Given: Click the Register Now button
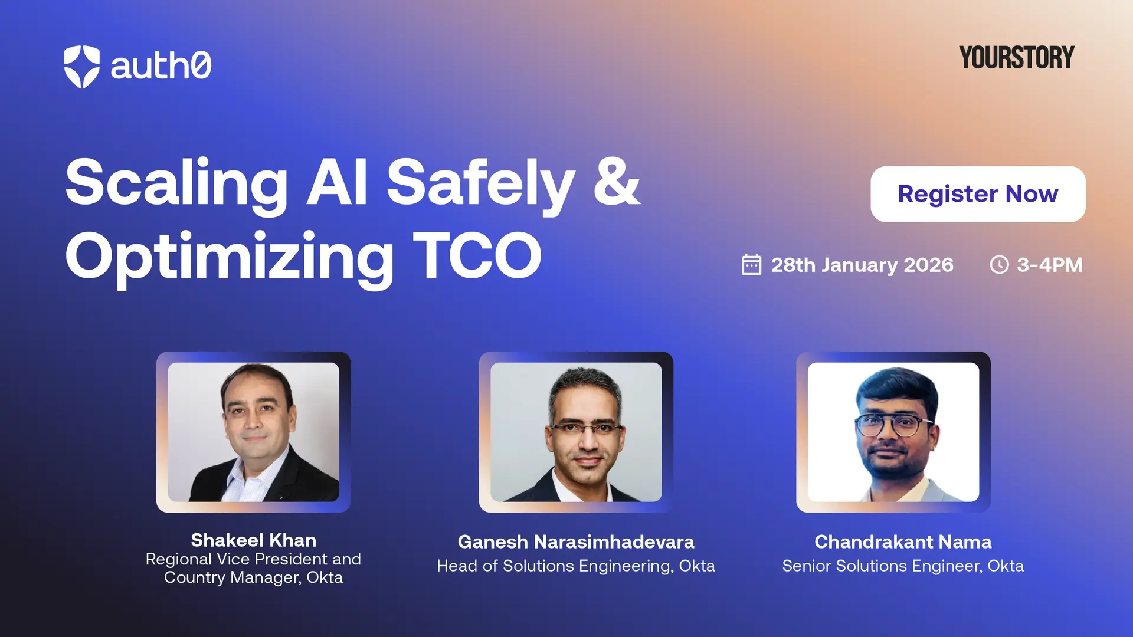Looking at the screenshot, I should tap(977, 194).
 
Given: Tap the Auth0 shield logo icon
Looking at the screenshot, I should tap(81, 67).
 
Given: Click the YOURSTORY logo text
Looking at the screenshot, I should tap(1016, 58).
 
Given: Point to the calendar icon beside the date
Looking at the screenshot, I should tap(751, 265).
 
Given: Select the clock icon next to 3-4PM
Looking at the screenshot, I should tap(999, 265).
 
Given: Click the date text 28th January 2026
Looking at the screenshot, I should tap(862, 265).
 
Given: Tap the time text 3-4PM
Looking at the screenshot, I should tap(1050, 265).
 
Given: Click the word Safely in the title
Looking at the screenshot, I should tap(480, 184).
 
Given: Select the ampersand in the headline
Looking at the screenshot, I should tap(616, 182).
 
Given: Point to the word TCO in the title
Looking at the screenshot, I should tap(477, 255).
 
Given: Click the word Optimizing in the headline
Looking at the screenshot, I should tap(229, 258).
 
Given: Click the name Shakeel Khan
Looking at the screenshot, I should tap(253, 540).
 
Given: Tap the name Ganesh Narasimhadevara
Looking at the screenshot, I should tap(576, 541).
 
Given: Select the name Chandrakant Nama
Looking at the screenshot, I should tap(902, 541).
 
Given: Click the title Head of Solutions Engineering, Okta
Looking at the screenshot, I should tap(576, 566).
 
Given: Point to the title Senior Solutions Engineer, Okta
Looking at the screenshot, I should tap(902, 566).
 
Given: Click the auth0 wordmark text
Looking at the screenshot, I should tap(161, 65).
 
